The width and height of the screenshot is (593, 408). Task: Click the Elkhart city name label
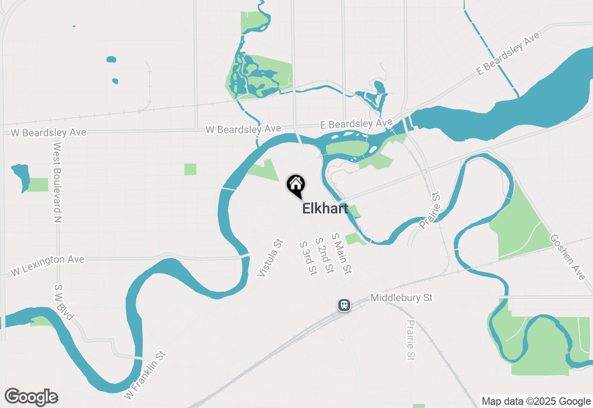click(325, 208)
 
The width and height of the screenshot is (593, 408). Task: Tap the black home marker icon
click(296, 185)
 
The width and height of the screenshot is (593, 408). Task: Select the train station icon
click(344, 305)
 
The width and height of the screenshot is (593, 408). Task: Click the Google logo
click(31, 397)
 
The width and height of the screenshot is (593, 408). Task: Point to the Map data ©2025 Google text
click(536, 402)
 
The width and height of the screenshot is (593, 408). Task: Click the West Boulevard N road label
click(57, 182)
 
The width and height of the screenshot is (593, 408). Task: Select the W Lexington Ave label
click(47, 265)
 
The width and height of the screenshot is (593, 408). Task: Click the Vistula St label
click(270, 258)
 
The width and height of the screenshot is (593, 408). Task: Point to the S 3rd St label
click(308, 258)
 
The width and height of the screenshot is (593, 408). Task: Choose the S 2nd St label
click(324, 255)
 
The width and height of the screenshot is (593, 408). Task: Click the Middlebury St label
click(402, 298)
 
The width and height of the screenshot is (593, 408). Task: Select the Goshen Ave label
click(568, 257)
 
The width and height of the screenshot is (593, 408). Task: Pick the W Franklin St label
click(145, 376)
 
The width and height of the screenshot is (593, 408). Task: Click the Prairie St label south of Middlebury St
click(410, 340)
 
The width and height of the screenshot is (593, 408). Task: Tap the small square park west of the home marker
click(190, 169)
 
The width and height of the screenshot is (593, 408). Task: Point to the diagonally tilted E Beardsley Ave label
click(508, 54)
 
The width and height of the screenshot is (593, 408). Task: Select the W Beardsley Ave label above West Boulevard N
click(48, 133)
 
